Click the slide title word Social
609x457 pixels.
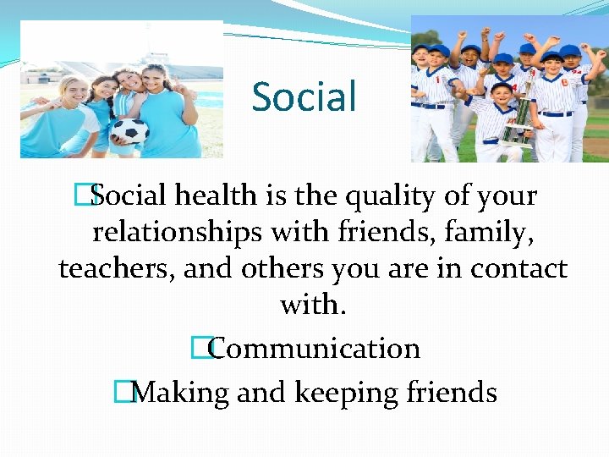click(x=304, y=97)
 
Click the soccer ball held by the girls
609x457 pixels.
click(x=129, y=130)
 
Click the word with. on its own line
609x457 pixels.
click(x=313, y=305)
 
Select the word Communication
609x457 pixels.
click(x=315, y=349)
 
